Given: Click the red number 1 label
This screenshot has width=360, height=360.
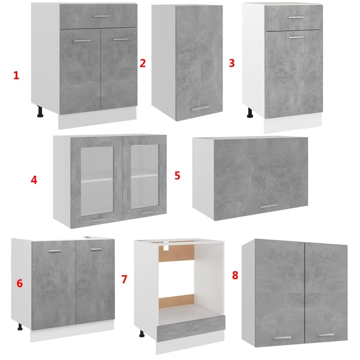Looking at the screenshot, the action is pos(16,76).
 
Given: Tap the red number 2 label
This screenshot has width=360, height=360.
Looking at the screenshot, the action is pos(143,63).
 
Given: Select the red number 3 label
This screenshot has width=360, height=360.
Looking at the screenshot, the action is pos(232,63).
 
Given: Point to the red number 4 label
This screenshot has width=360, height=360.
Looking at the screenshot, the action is pos(34,180).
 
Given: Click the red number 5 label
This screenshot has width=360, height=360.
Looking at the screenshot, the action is pos(177,176).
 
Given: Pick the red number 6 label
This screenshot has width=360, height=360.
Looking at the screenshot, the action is pos(20,284).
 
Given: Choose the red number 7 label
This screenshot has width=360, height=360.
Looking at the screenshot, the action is pos(124,279).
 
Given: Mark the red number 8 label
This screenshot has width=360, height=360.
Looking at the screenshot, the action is pos(235,275).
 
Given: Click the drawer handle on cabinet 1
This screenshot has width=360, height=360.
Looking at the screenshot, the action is pos(102,16).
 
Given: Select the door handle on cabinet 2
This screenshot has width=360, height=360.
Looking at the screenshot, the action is pos(200,108).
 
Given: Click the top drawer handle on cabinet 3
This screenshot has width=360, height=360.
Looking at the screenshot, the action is pos(296,18).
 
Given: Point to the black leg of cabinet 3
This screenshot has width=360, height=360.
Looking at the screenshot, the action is pos(250,113).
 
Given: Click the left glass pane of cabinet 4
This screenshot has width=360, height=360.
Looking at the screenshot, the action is pos(97,181).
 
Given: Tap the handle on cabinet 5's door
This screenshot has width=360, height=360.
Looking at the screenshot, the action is pos(269,206).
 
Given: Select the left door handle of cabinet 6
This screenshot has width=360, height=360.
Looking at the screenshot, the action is pos(55,251).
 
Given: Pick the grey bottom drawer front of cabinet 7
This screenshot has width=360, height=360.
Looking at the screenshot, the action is pos(191,328).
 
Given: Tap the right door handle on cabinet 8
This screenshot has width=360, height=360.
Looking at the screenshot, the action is pos(326,335).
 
